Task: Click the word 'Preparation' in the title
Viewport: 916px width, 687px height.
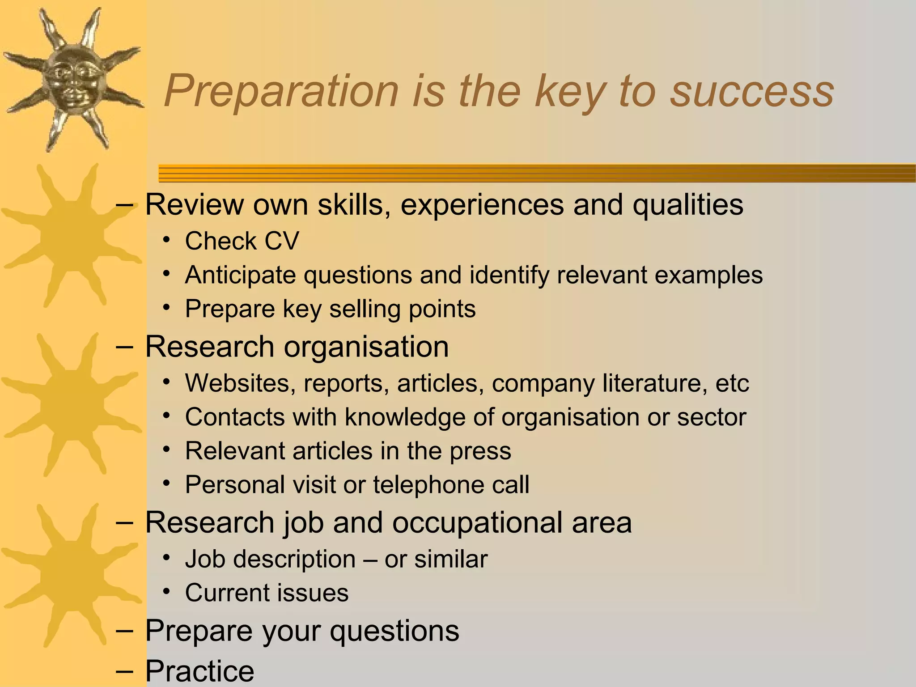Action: (x=281, y=92)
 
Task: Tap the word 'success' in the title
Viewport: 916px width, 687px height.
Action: (x=752, y=92)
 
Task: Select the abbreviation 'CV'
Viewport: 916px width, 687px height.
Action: (x=282, y=241)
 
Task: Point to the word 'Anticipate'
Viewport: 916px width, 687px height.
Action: (x=240, y=275)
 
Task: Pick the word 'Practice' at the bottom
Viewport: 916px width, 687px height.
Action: (x=199, y=671)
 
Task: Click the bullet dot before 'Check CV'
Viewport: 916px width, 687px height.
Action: (x=167, y=240)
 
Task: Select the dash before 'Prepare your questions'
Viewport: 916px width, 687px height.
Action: (x=124, y=630)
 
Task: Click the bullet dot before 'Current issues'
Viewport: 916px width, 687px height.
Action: (x=167, y=592)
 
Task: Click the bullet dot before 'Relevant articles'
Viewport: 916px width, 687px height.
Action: (x=167, y=450)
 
